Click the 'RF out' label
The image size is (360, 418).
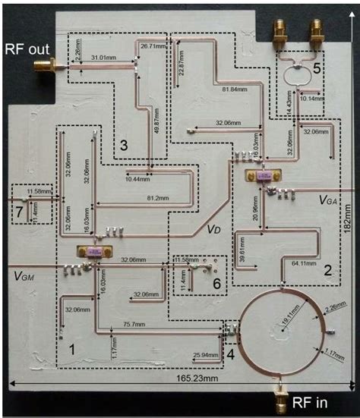point(25,50)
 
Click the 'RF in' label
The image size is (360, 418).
point(312,402)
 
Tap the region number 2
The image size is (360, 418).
point(327,269)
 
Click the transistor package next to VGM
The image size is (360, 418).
point(95,252)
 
